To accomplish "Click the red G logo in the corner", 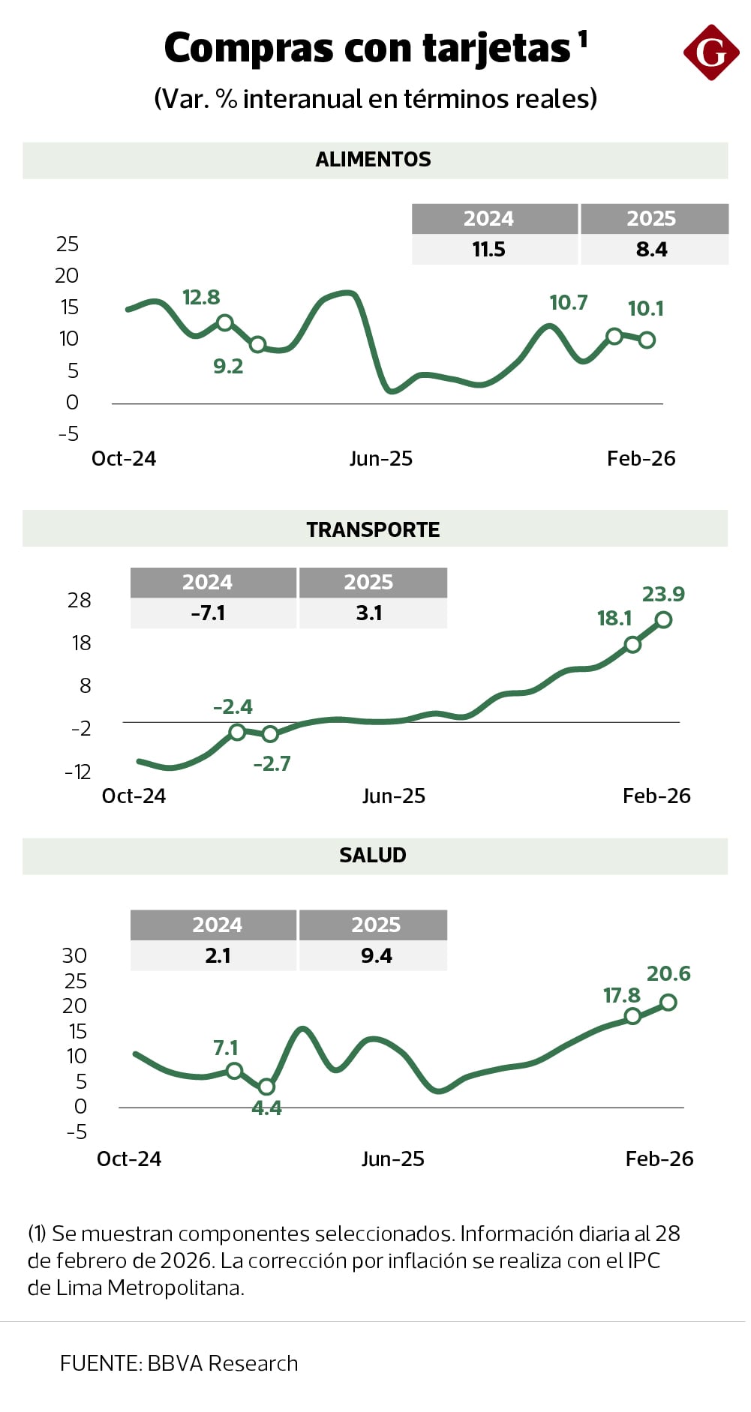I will click(x=710, y=52).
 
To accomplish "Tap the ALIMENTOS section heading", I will click(x=373, y=160).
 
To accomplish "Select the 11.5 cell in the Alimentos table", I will click(x=488, y=250).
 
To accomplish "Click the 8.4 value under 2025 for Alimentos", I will click(x=651, y=250).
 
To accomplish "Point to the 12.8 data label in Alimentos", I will click(x=201, y=298).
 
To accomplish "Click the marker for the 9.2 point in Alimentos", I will click(x=257, y=345).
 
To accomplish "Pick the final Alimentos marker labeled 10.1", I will click(x=647, y=340).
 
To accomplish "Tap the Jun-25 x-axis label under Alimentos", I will click(x=381, y=459).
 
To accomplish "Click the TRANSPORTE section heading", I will click(x=373, y=529).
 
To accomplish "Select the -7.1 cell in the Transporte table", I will click(x=208, y=613).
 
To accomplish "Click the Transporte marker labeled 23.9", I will click(x=663, y=620).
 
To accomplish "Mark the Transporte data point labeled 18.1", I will click(x=632, y=645).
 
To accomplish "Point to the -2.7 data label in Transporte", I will click(x=272, y=764).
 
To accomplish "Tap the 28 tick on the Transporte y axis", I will click(x=79, y=601).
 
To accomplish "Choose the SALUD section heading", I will click(x=373, y=856).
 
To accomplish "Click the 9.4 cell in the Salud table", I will click(x=376, y=956).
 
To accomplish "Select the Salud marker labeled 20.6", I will click(x=668, y=1003).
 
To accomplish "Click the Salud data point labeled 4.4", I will click(x=266, y=1087).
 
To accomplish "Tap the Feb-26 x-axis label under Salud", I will click(x=659, y=1159).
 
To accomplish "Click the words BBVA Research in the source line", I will click(x=223, y=1363).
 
